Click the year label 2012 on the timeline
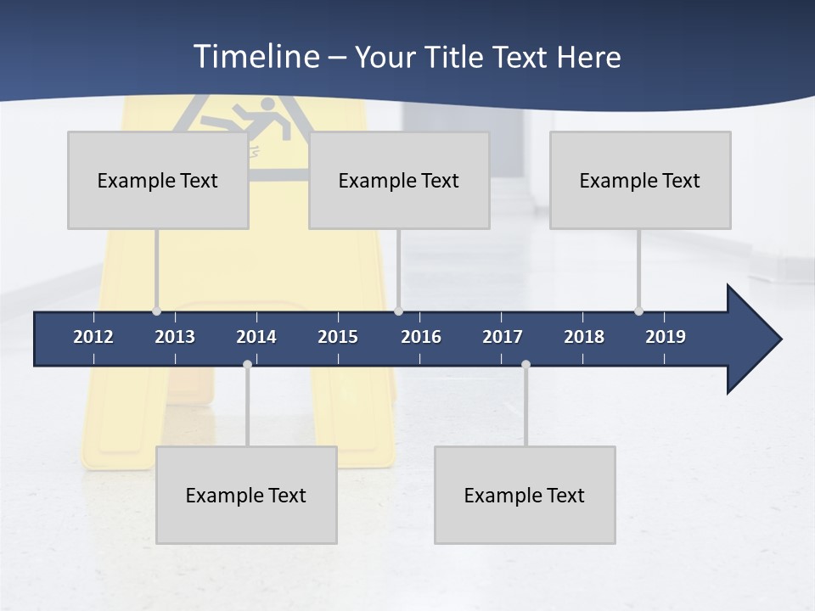tap(93, 337)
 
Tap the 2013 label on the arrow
tap(175, 337)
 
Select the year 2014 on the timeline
tap(256, 337)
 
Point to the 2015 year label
tap(338, 337)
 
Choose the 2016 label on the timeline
tap(421, 337)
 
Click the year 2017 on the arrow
tap(503, 337)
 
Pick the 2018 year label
tap(584, 337)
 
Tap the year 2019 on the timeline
tap(666, 337)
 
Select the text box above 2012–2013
tap(158, 180)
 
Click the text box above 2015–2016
tap(399, 180)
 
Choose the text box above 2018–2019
tap(640, 180)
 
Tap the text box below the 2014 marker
tap(246, 495)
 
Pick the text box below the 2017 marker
tap(525, 495)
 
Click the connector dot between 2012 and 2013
tap(156, 311)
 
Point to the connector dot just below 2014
tap(247, 365)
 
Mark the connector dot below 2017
tap(526, 365)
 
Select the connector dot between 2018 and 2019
tap(638, 311)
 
